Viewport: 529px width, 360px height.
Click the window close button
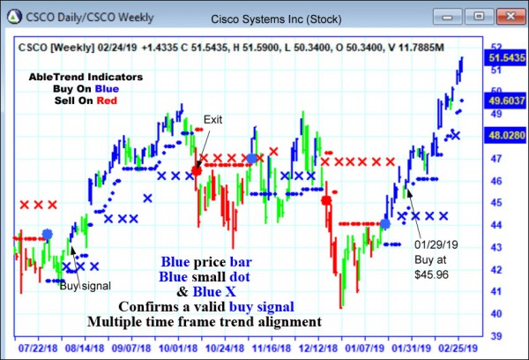tap(504, 15)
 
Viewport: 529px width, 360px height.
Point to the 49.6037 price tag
tap(506, 102)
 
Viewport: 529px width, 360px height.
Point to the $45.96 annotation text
tap(431, 274)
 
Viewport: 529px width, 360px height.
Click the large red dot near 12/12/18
tap(326, 201)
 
